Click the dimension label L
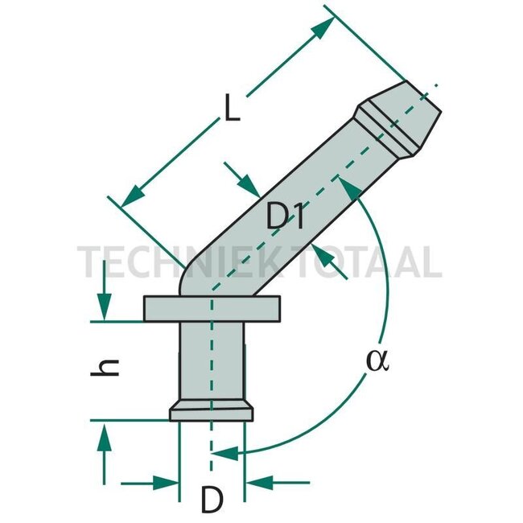point(232,109)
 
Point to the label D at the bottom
point(211,501)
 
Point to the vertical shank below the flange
point(212,363)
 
